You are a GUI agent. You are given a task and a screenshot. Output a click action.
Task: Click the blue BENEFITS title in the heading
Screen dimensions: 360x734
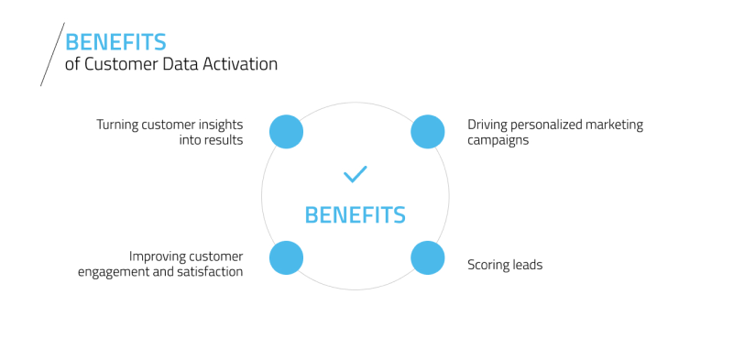pos(115,42)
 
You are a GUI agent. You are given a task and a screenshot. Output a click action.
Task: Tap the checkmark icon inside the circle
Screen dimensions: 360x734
pos(355,173)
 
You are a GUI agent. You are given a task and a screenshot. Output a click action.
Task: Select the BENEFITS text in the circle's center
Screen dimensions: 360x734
pos(355,215)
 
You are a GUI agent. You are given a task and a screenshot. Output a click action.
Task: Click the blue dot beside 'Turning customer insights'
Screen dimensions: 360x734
pos(286,132)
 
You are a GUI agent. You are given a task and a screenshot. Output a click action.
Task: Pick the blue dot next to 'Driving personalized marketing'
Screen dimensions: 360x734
pos(427,132)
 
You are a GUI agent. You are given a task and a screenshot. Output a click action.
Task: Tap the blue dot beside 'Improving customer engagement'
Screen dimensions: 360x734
pos(286,257)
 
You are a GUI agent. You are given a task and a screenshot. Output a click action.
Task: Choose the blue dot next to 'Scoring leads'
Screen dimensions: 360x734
pos(427,257)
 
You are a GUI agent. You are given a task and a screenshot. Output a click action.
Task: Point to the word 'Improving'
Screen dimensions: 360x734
pos(159,256)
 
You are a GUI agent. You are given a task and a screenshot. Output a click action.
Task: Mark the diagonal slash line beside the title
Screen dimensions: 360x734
pos(52,55)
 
